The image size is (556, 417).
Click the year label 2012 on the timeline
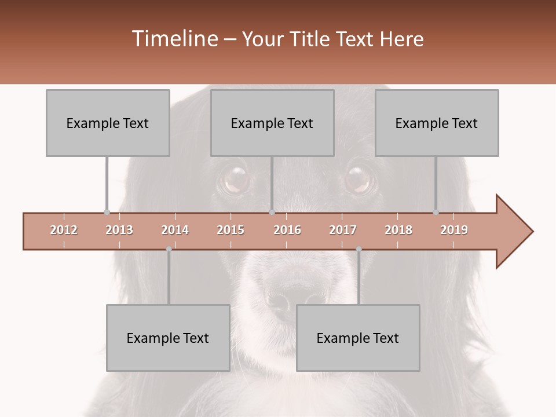tap(64, 230)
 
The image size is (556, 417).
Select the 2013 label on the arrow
tap(119, 230)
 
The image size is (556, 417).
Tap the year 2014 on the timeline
tap(175, 230)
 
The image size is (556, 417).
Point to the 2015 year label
tap(231, 230)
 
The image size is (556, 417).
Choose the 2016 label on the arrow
tap(287, 230)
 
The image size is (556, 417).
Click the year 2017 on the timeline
tap(343, 230)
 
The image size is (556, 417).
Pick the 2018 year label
tap(398, 230)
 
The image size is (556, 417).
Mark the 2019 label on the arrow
tap(454, 230)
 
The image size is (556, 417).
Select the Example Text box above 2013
tap(108, 123)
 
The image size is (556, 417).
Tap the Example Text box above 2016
tap(272, 123)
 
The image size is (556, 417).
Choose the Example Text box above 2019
tap(437, 123)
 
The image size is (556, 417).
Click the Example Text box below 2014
tap(168, 338)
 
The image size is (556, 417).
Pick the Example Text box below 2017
tap(358, 338)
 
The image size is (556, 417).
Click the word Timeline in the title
tap(174, 39)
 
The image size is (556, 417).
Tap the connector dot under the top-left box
tap(107, 212)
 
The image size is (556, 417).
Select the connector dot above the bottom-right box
tap(359, 249)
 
